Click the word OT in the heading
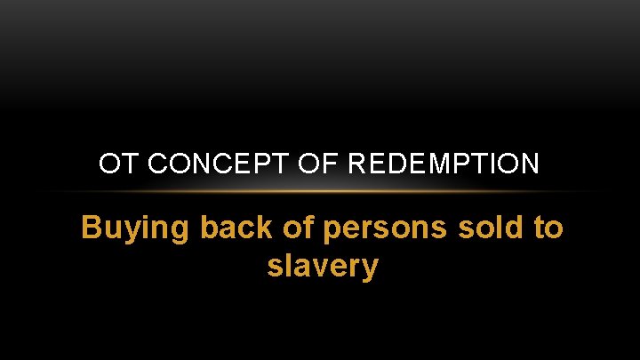113,164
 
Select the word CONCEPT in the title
190,164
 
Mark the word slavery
322,267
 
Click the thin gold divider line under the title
320,191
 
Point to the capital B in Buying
91,228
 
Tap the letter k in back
255,228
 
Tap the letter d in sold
514,228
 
